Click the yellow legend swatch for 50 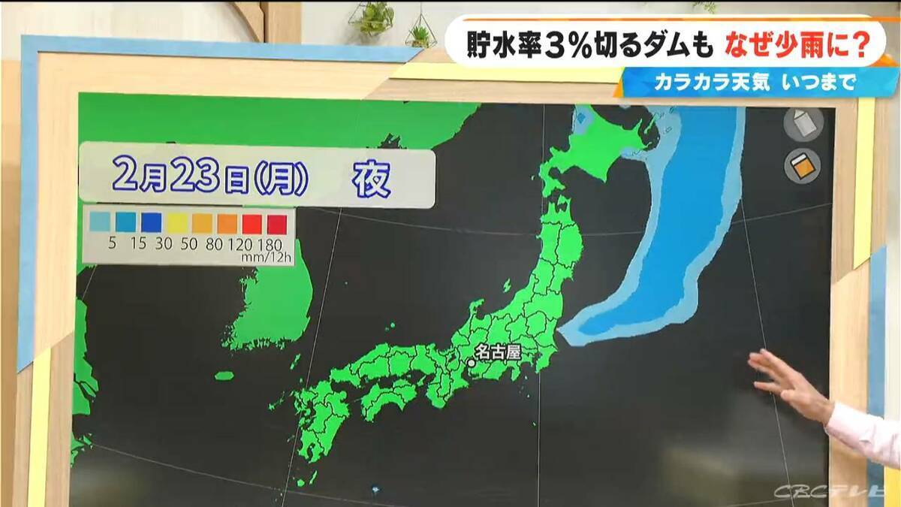[x=176, y=222]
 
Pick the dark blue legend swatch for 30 [x=151, y=222]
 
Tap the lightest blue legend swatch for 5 [x=100, y=222]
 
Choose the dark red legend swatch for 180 [x=277, y=222]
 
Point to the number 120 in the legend [x=241, y=244]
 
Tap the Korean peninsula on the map [x=270, y=300]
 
